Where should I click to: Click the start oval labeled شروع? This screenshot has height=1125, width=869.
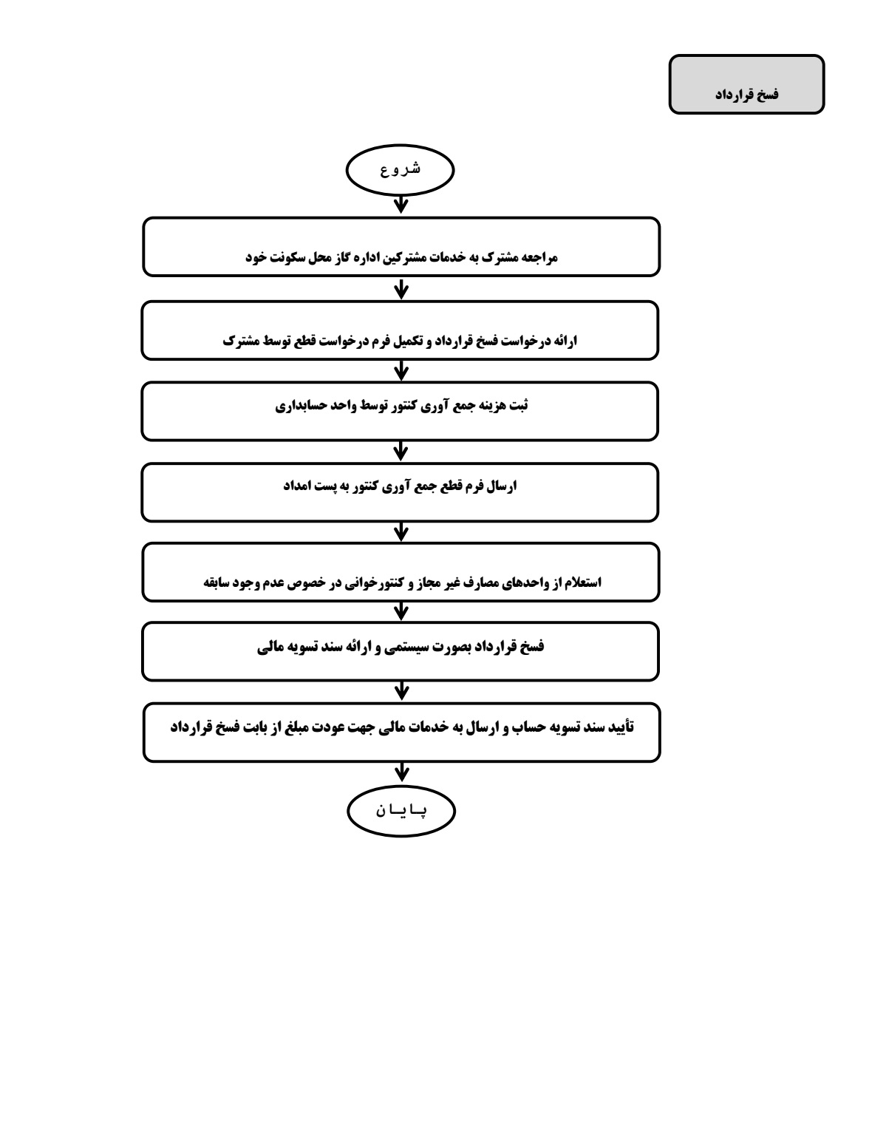pyautogui.click(x=400, y=170)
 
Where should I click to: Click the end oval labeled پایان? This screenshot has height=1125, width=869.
pyautogui.click(x=401, y=811)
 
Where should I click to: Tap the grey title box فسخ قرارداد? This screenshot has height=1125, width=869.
pyautogui.click(x=746, y=84)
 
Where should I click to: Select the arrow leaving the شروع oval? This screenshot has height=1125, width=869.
pyautogui.click(x=401, y=205)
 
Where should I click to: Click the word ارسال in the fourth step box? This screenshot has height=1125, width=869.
pyautogui.click(x=502, y=486)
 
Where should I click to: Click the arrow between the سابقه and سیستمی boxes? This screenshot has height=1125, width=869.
pyautogui.click(x=401, y=611)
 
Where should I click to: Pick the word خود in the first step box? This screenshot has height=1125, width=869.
pyautogui.click(x=256, y=257)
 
